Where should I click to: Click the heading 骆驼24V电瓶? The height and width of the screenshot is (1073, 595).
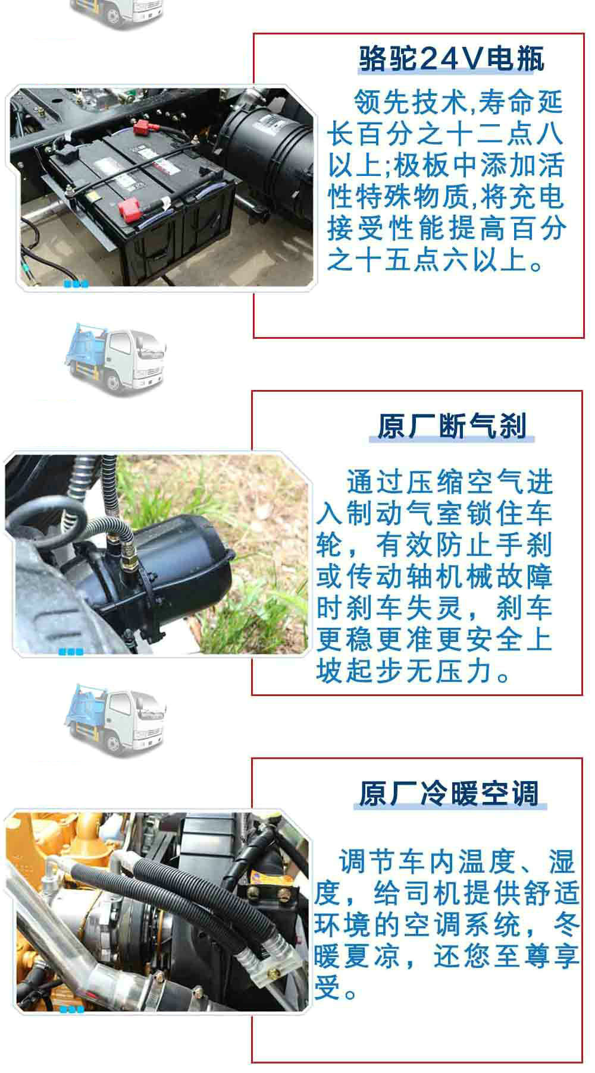coord(451,59)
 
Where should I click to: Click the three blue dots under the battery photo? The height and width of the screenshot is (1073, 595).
coord(76,284)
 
